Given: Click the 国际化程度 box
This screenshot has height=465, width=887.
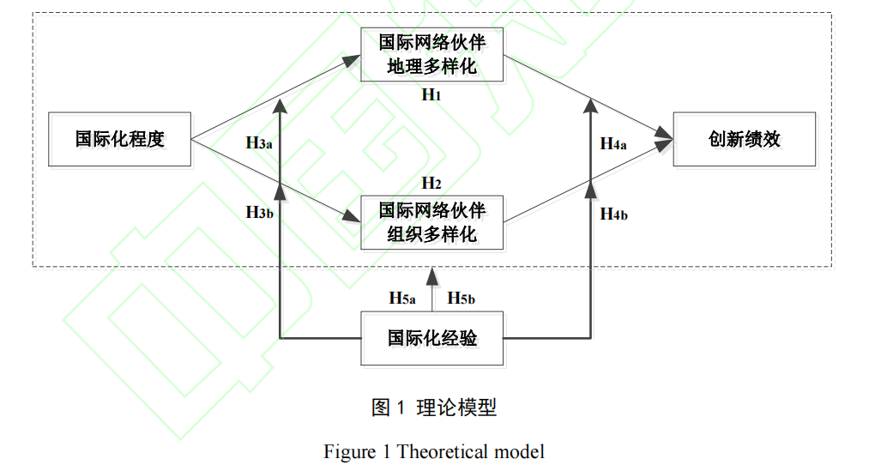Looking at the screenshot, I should point(119,139).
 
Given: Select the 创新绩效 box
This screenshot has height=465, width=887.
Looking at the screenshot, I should point(744,139).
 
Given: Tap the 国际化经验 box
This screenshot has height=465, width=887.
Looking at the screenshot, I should point(431,339).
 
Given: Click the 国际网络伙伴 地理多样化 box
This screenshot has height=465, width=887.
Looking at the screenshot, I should point(431,55).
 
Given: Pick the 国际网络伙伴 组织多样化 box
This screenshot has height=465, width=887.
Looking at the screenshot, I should point(431,222).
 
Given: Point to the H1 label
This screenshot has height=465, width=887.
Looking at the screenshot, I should point(431,94).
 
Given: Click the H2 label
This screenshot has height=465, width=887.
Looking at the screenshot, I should point(431,183).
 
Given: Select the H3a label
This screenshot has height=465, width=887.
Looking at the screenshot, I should point(259,143).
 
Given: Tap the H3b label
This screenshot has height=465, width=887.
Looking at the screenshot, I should point(259,212).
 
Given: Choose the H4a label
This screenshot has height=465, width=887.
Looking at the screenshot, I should point(612,144).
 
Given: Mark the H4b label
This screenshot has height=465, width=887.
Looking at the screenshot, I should point(612,214).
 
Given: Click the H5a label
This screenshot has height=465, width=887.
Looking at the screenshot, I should point(402,299).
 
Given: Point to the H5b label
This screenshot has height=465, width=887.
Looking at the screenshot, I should point(462,299).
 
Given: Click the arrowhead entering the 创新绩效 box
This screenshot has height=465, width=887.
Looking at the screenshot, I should point(666,137).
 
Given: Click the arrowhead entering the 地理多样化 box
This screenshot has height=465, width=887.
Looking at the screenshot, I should point(352,61).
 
